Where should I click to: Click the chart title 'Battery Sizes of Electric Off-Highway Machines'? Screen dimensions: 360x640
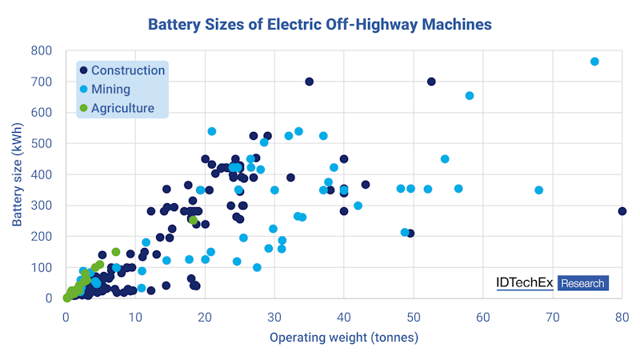(x=320, y=24)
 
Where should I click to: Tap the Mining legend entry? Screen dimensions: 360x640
(x=111, y=90)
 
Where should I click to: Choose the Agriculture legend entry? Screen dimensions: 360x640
(x=122, y=108)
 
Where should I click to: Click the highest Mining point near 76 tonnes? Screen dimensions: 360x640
(x=594, y=62)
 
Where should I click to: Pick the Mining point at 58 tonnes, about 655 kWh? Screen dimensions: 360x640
(x=470, y=96)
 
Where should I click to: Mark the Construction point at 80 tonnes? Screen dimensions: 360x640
(x=622, y=211)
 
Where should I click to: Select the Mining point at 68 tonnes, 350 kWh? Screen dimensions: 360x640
(x=539, y=190)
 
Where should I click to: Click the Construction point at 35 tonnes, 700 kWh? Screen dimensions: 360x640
(x=310, y=82)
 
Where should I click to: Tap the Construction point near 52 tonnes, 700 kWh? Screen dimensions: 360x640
(x=431, y=82)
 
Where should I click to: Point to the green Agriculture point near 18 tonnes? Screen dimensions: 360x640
(x=193, y=220)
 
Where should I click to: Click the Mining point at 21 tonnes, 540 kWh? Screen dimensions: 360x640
(x=212, y=131)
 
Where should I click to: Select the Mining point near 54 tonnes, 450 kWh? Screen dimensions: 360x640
(x=445, y=159)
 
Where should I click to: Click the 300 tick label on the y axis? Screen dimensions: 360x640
(x=43, y=206)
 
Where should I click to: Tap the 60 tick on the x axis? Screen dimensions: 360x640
(x=483, y=315)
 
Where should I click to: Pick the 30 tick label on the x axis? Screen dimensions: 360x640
(x=274, y=315)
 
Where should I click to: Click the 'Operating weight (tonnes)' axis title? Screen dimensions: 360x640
(x=343, y=338)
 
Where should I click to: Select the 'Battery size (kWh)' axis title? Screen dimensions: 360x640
(x=17, y=174)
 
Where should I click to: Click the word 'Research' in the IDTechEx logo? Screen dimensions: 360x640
(x=582, y=283)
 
